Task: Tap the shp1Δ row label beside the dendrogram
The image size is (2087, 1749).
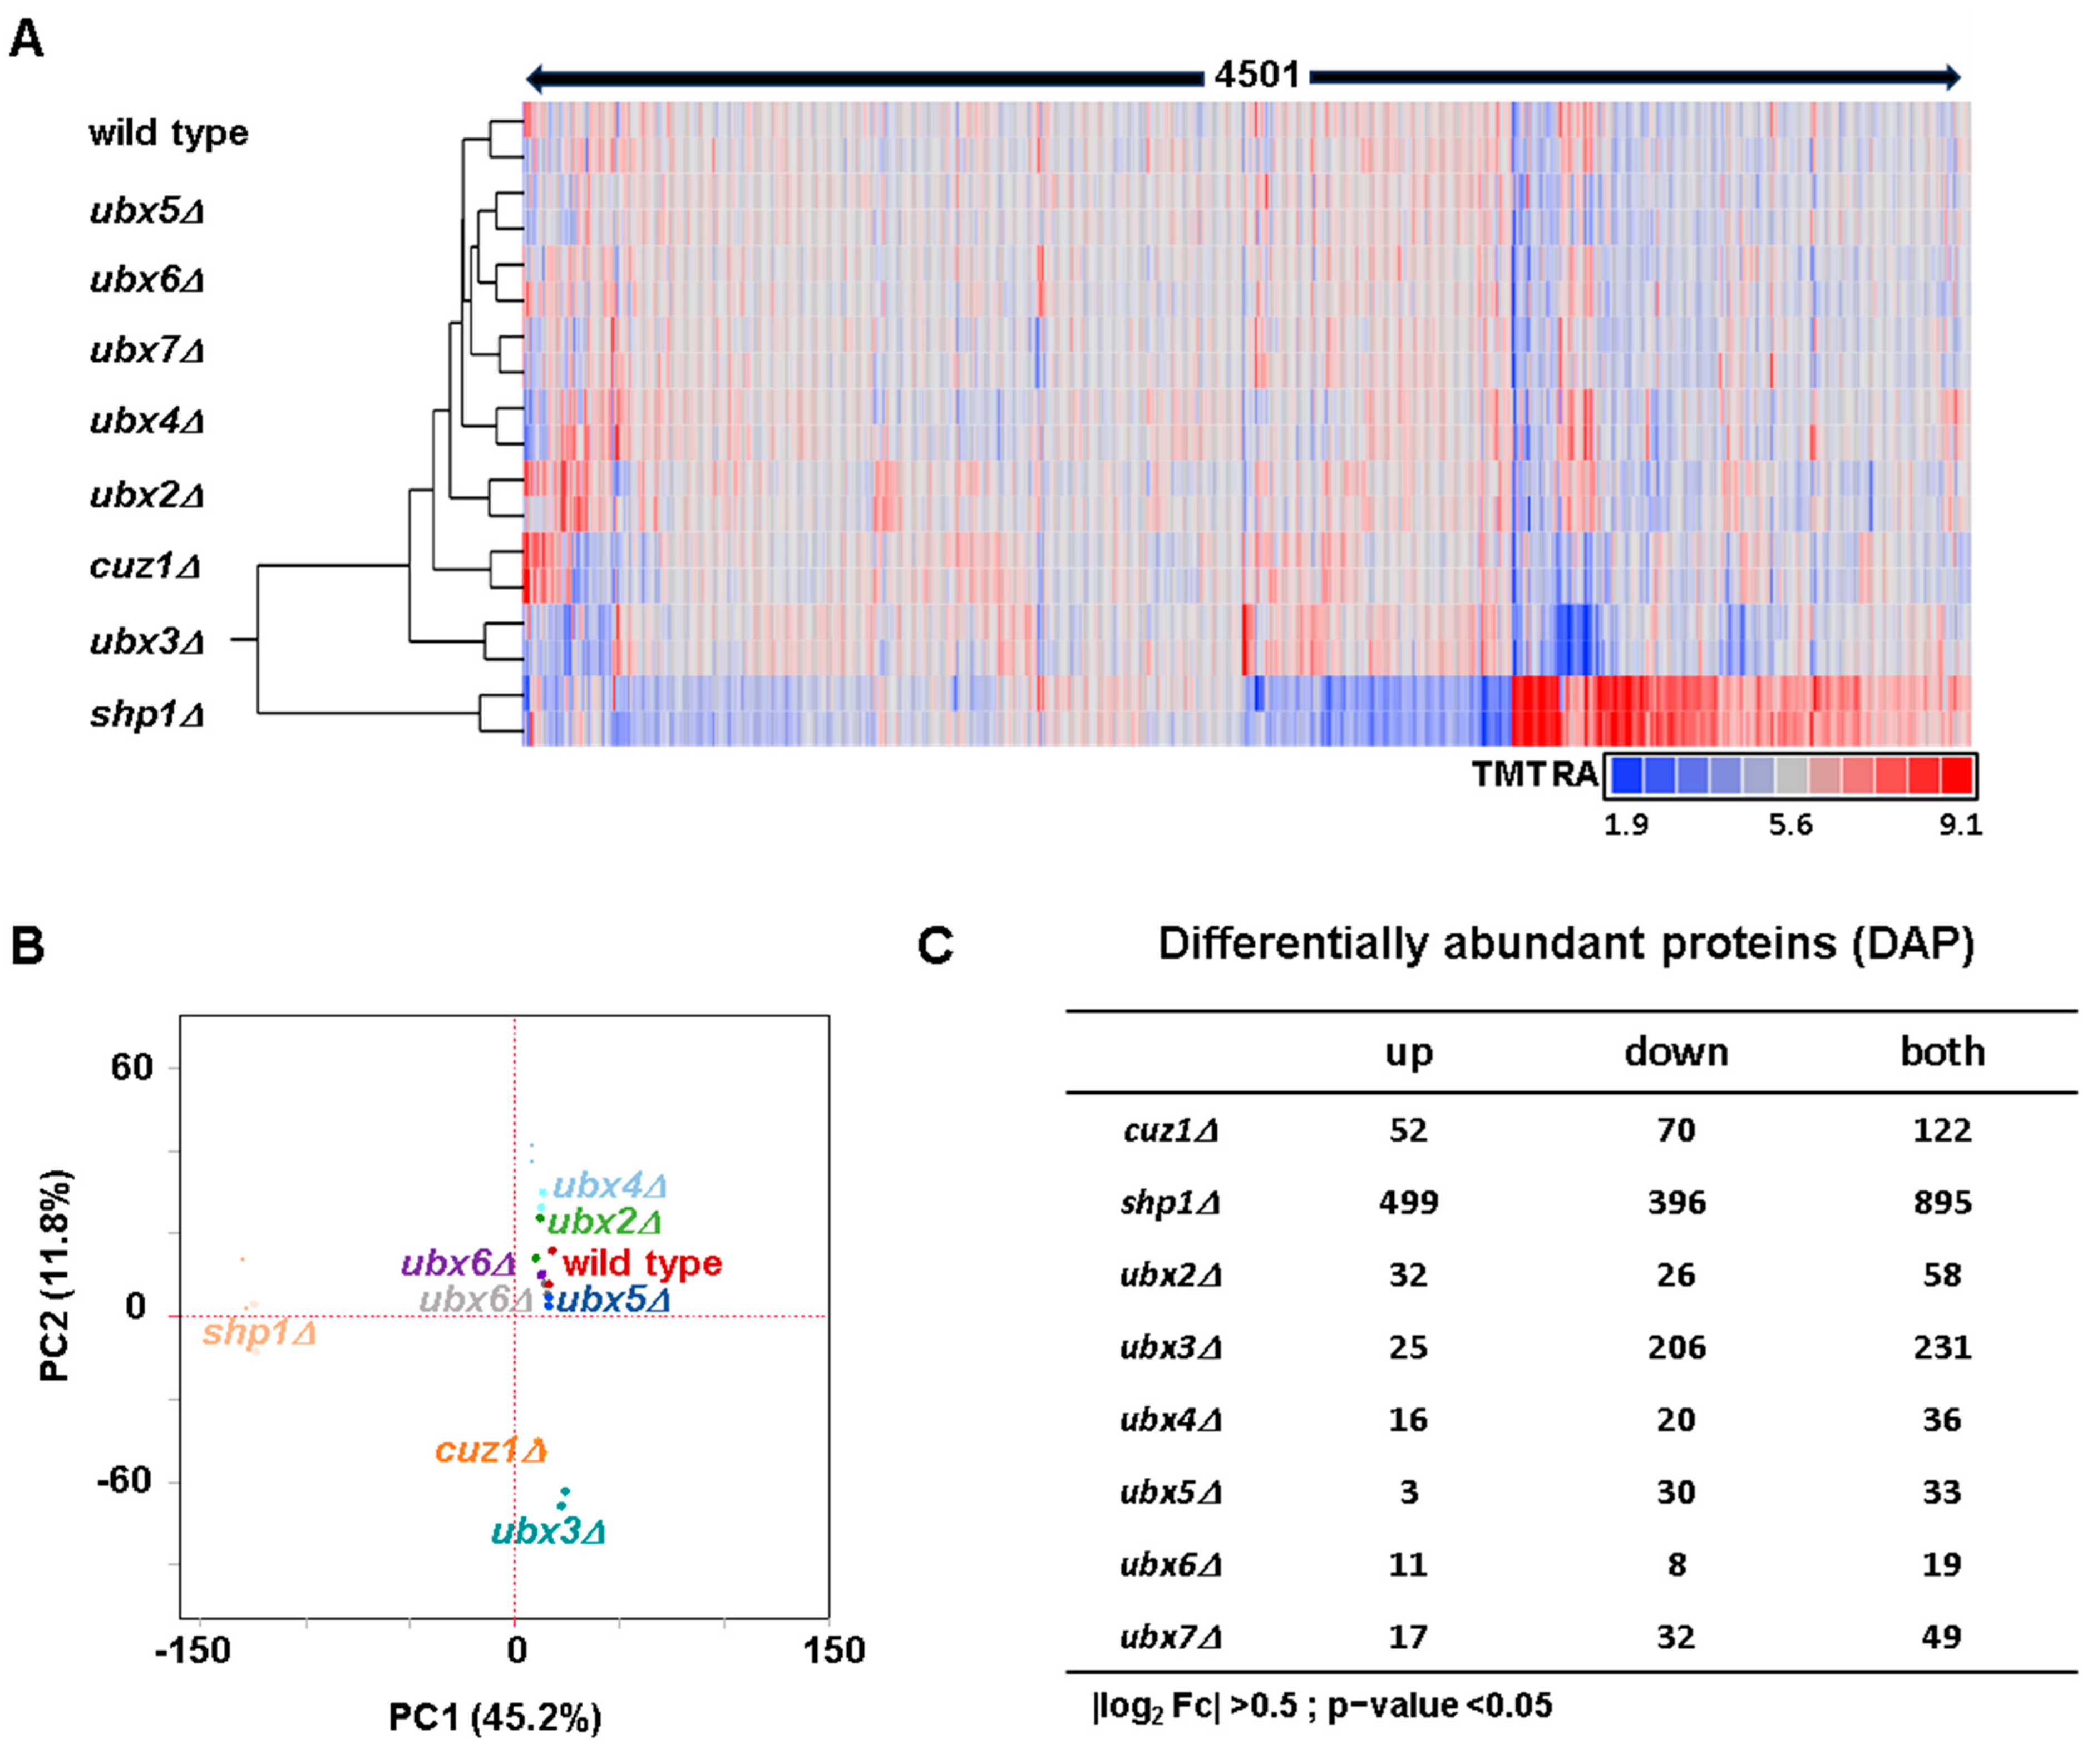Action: click(147, 714)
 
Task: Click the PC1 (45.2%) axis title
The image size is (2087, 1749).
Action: click(494, 1716)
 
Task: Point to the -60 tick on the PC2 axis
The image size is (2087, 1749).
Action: click(124, 1481)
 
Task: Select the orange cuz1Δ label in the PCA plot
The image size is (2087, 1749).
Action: click(491, 1450)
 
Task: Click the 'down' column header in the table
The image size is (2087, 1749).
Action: click(1676, 1051)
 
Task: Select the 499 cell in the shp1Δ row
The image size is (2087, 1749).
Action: click(1408, 1203)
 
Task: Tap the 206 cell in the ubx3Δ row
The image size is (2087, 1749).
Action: click(1676, 1347)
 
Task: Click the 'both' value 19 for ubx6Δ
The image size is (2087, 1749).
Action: click(1941, 1565)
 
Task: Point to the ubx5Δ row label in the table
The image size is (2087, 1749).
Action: click(1170, 1493)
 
